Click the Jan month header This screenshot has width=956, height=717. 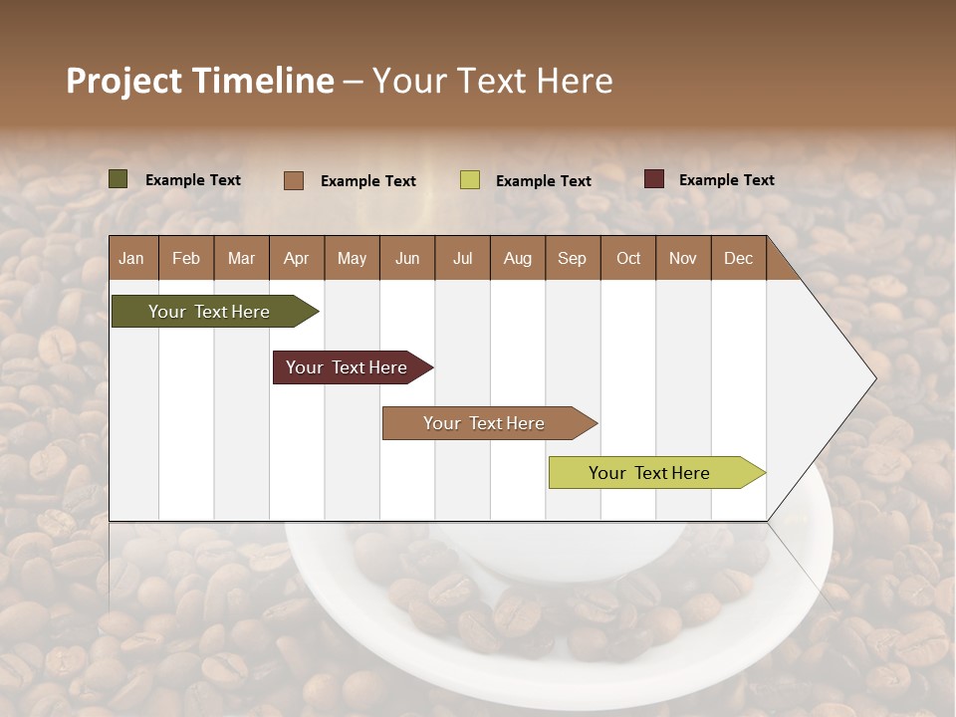(132, 258)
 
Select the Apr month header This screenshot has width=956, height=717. (297, 258)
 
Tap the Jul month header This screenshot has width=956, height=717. (462, 258)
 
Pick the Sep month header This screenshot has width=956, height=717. (573, 258)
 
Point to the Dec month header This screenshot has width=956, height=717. (738, 258)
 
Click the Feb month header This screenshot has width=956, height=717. (186, 258)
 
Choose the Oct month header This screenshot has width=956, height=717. (628, 258)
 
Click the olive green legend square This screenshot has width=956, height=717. (119, 179)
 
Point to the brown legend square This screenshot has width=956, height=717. (293, 180)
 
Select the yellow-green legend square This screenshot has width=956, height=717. (470, 180)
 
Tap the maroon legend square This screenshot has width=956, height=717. (653, 179)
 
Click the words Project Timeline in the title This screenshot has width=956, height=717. (200, 81)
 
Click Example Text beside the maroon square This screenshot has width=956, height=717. (726, 180)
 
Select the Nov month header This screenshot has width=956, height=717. (683, 258)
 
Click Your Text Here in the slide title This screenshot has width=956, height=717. (493, 81)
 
